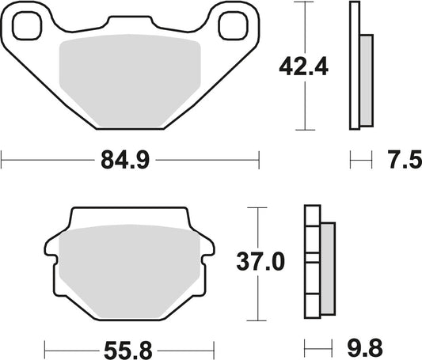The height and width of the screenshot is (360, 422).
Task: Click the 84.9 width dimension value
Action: [x=124, y=161]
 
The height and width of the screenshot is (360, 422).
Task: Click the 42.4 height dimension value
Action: [x=300, y=69]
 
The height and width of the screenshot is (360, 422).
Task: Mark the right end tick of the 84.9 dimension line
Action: [x=259, y=161]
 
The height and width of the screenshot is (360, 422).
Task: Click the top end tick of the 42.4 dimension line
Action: [x=304, y=2]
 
